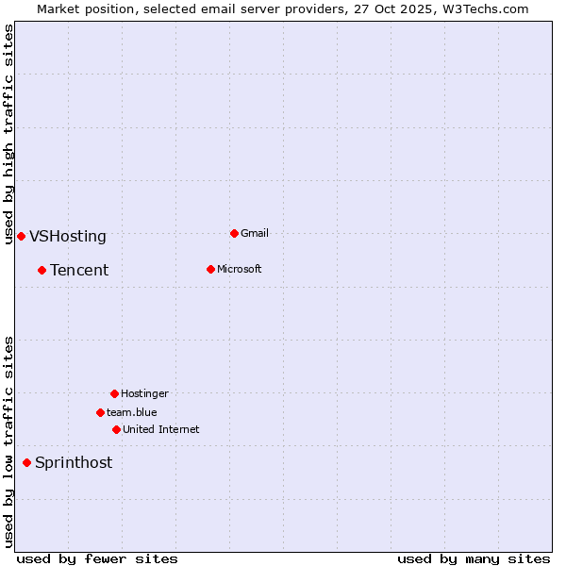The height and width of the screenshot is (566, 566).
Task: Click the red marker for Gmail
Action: point(234,233)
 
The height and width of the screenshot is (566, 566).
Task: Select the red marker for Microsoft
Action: point(210,269)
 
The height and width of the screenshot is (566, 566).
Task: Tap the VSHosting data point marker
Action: point(21,236)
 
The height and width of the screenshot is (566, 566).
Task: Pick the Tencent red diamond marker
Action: point(42,270)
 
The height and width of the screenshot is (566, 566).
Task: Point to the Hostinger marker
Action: point(114,393)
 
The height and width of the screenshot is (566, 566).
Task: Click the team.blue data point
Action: point(100,412)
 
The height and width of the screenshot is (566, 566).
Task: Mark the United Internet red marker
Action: point(116,429)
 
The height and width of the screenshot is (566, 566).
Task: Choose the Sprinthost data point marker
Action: point(26,462)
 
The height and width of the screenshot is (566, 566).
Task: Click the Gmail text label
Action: point(255,233)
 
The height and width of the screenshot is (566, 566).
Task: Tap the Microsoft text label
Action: point(240,269)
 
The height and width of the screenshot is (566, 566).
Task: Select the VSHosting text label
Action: point(68,237)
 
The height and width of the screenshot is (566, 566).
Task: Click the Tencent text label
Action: point(79,271)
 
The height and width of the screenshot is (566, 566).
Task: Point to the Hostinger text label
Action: point(144,393)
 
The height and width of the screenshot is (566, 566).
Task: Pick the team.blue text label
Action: point(132,412)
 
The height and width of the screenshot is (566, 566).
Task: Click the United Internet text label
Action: point(161,429)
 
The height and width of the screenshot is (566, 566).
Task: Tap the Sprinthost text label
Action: point(74,463)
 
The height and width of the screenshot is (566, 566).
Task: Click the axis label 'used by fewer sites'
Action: point(97,558)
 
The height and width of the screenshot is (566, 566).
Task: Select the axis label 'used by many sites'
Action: point(474,558)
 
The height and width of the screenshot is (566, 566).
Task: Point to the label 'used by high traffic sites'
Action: point(8,134)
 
